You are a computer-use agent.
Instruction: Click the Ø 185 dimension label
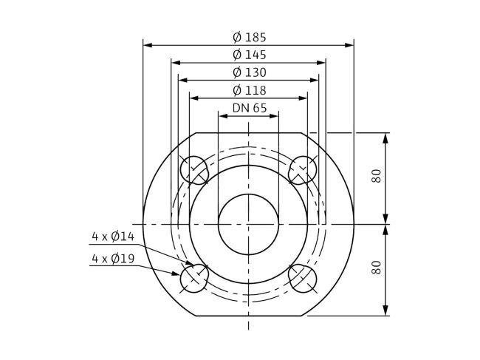(x=248, y=37)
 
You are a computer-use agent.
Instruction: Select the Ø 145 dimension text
(x=248, y=55)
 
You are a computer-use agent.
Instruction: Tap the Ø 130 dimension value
(x=248, y=72)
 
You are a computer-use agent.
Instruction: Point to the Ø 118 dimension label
(x=248, y=90)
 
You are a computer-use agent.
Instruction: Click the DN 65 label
(x=249, y=108)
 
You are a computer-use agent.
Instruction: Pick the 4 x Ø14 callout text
(x=112, y=237)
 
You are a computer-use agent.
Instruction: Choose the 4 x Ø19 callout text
(x=112, y=259)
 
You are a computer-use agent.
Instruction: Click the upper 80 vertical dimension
(x=377, y=177)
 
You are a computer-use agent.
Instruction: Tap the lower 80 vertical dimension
(x=377, y=269)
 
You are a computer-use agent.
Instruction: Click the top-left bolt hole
(x=195, y=170)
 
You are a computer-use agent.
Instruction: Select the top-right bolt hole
(x=303, y=170)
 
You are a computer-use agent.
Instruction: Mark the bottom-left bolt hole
(x=195, y=278)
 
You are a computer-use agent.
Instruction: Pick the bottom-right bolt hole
(x=303, y=278)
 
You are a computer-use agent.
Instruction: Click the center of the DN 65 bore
(x=249, y=224)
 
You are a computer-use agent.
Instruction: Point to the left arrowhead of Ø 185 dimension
(x=146, y=45)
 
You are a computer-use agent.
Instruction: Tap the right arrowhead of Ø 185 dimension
(x=351, y=45)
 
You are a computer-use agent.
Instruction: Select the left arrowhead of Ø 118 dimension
(x=193, y=98)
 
